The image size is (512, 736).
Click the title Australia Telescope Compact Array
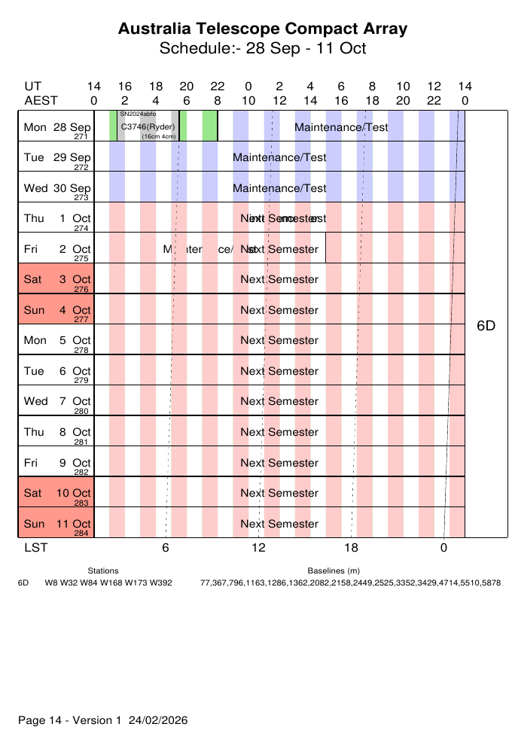point(263,29)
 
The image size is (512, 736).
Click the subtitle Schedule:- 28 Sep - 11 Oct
point(263,49)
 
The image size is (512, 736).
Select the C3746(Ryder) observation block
point(148,126)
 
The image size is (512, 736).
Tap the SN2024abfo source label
point(138,114)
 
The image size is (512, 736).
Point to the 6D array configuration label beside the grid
point(486,326)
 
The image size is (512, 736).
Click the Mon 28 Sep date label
point(56,127)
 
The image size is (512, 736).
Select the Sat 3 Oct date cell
point(56,279)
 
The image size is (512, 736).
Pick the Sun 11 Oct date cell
point(56,523)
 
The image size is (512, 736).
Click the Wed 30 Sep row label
point(56,188)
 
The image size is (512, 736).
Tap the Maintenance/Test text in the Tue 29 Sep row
point(279,157)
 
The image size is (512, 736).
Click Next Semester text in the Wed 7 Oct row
point(279,401)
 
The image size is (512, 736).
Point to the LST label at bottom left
point(35,548)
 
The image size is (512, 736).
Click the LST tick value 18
point(351,548)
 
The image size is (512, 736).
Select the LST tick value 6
point(166,548)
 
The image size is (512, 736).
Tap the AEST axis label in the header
point(41,100)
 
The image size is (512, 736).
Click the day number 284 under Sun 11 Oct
point(81,533)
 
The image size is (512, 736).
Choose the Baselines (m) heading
point(334,571)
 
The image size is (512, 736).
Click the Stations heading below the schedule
point(103,571)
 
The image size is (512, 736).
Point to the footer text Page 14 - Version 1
point(69,720)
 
